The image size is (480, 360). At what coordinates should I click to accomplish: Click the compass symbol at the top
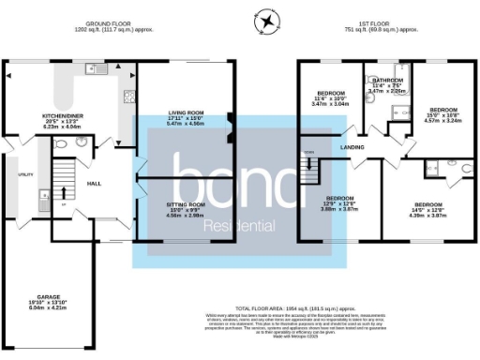[267, 21]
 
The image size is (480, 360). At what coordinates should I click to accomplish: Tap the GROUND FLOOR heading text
[107, 25]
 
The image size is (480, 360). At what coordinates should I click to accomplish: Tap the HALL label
[95, 185]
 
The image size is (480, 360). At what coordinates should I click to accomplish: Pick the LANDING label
[352, 146]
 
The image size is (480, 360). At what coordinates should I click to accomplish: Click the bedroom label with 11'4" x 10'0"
[329, 95]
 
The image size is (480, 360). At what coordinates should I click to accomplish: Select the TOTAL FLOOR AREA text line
[295, 307]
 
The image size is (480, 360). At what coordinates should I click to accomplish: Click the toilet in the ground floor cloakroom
[60, 146]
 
